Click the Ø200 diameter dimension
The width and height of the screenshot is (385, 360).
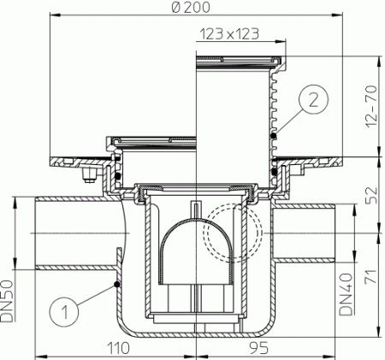[x=192, y=7]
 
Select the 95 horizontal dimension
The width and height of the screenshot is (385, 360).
[x=241, y=349]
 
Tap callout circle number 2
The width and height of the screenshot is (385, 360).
[x=314, y=100]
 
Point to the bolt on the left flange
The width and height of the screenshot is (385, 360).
[x=86, y=175]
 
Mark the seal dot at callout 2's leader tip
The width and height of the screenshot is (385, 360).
[x=273, y=135]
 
